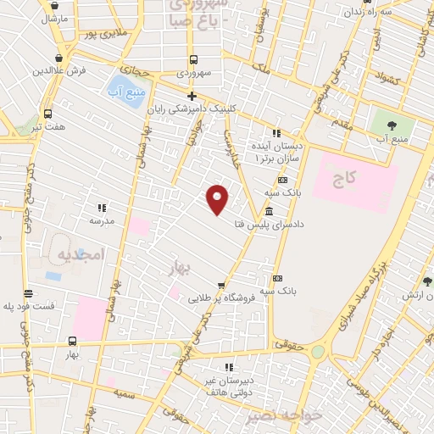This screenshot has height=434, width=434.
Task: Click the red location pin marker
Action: (x=218, y=199)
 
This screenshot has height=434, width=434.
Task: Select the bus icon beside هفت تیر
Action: (x=47, y=114)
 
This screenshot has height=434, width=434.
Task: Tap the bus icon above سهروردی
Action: (x=193, y=60)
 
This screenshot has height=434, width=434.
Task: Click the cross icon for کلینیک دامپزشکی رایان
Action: (x=192, y=96)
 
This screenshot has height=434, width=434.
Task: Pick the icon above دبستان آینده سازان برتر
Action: (x=275, y=133)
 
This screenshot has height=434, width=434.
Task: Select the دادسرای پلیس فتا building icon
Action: (x=269, y=211)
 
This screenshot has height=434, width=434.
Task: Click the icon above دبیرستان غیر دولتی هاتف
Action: (x=228, y=367)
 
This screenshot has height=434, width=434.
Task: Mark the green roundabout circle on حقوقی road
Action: (x=317, y=351)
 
